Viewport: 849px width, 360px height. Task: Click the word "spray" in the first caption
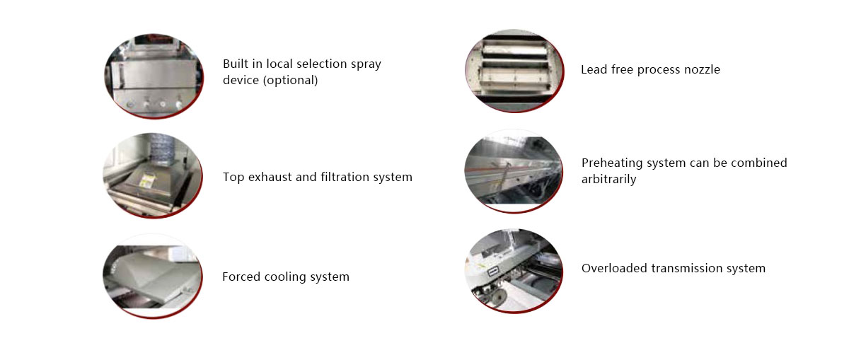(x=366, y=64)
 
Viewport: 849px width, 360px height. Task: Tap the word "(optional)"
(x=290, y=80)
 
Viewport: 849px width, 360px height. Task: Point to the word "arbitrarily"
(x=608, y=179)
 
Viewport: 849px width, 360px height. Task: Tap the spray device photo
(x=154, y=76)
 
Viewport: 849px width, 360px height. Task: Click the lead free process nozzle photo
(x=514, y=71)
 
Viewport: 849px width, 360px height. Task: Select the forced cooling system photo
(x=153, y=276)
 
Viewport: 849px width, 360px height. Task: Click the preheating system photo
(x=514, y=171)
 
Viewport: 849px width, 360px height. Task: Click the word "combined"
(x=758, y=163)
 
